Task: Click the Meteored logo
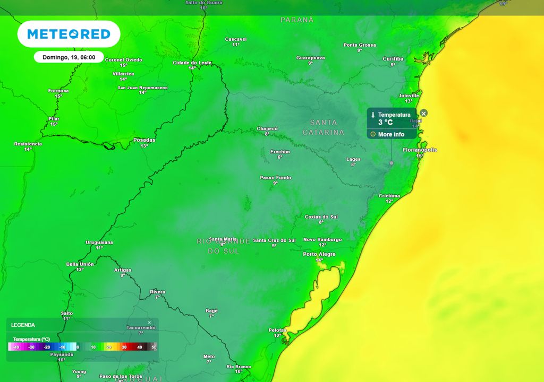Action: point(69,34)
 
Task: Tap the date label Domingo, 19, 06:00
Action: point(69,57)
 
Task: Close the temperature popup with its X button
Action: point(423,113)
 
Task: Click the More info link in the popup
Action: point(391,134)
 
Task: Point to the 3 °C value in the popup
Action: point(385,123)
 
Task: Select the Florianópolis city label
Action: point(420,150)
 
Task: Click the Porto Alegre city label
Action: point(319,254)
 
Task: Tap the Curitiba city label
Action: point(393,59)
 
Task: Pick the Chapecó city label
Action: point(267,128)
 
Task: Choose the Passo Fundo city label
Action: point(275,177)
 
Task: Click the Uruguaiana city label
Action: point(99,242)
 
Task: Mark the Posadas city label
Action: point(144,140)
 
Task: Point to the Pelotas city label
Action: point(277,330)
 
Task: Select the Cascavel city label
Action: point(236,39)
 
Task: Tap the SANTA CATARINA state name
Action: point(324,127)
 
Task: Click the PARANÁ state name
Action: point(297,20)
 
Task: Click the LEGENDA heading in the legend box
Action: point(23,325)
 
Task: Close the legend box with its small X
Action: point(149,322)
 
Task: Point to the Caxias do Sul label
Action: point(321,216)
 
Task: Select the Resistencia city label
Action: point(28,144)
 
